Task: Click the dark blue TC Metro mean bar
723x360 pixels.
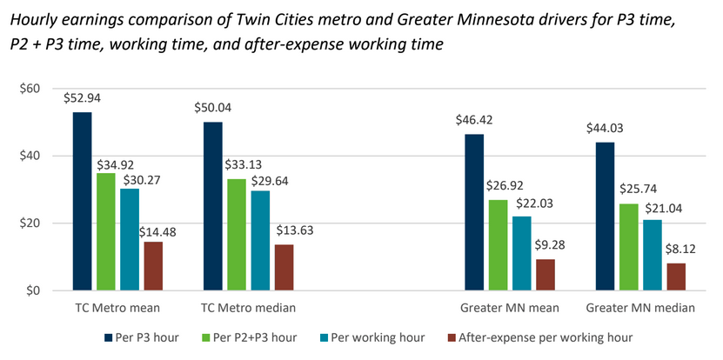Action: point(82,201)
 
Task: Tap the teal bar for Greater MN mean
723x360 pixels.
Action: point(522,253)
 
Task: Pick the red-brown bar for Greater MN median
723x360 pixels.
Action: point(676,277)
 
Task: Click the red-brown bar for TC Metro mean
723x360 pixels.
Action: point(153,266)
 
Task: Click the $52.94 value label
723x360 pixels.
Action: point(82,97)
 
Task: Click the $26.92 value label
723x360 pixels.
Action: point(505,185)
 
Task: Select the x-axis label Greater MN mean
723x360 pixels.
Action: point(510,308)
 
